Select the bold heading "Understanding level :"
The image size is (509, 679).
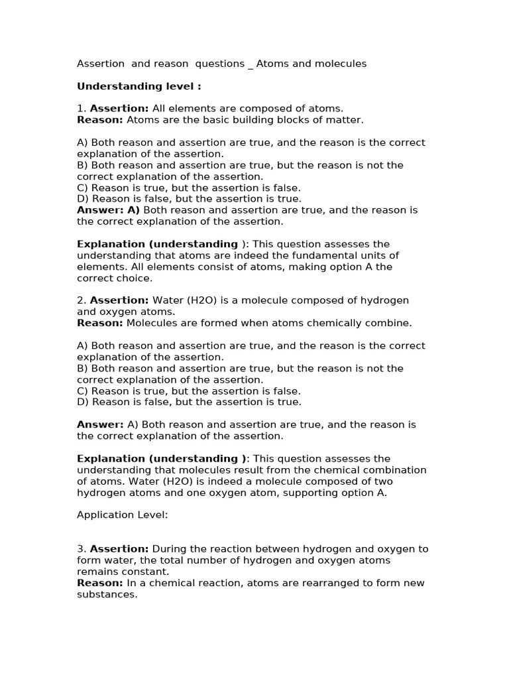point(139,86)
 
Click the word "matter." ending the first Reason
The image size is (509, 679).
point(346,120)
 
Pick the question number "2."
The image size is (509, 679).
point(82,300)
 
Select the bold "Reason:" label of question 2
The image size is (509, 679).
point(100,323)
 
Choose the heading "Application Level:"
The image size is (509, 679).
point(123,515)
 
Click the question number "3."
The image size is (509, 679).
point(82,549)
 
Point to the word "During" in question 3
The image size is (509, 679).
point(170,549)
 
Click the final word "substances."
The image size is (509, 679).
point(107,594)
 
